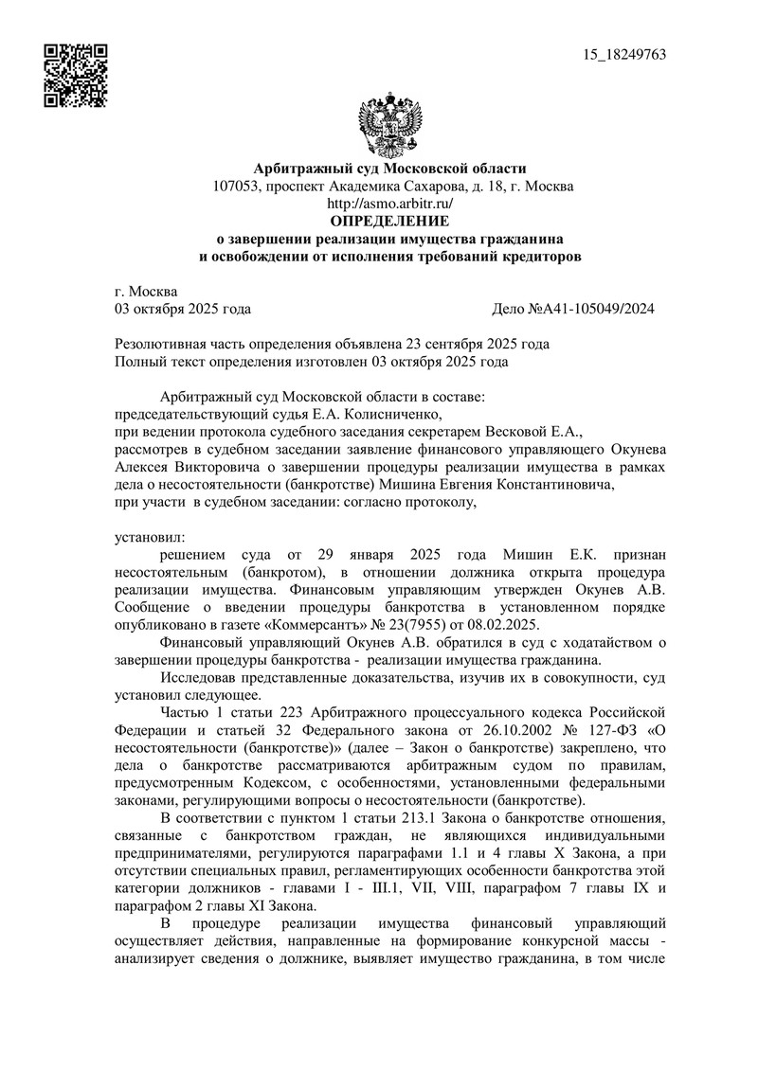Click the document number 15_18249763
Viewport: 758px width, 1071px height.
pyautogui.click(x=626, y=54)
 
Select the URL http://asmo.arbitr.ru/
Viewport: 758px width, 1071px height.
pyautogui.click(x=389, y=203)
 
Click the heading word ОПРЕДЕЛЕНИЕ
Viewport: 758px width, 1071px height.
pyautogui.click(x=389, y=221)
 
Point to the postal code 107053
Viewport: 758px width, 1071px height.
pyautogui.click(x=237, y=186)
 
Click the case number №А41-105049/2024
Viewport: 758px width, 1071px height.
pyautogui.click(x=574, y=309)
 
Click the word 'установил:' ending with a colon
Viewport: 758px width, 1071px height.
pyautogui.click(x=150, y=538)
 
